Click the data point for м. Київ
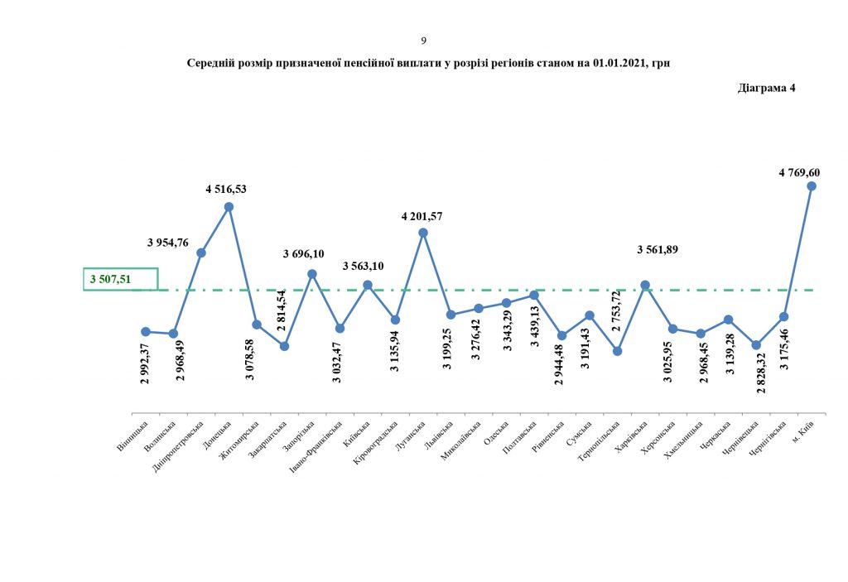coord(812,186)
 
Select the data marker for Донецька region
coord(229,207)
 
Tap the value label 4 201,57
coord(422,216)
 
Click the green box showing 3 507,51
coord(121,279)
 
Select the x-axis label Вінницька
coord(133,436)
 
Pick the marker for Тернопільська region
coord(618,351)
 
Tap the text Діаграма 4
coord(766,89)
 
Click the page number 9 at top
coord(424,40)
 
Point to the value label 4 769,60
coord(799,172)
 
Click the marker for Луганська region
coord(423,233)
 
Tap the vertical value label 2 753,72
coord(615,315)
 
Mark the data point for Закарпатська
coord(284,346)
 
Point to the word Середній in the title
coord(212,63)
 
